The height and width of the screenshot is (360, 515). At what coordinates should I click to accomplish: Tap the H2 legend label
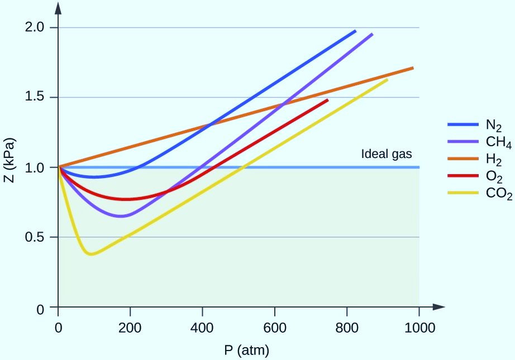[x=494, y=161]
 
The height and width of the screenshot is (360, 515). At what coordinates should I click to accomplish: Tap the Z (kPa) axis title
[x=12, y=167]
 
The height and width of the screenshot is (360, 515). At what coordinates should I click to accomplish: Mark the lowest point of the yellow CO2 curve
[x=91, y=255]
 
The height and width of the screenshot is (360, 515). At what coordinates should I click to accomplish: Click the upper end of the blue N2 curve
[x=355, y=31]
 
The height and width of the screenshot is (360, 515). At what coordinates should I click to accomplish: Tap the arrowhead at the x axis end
[x=440, y=306]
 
